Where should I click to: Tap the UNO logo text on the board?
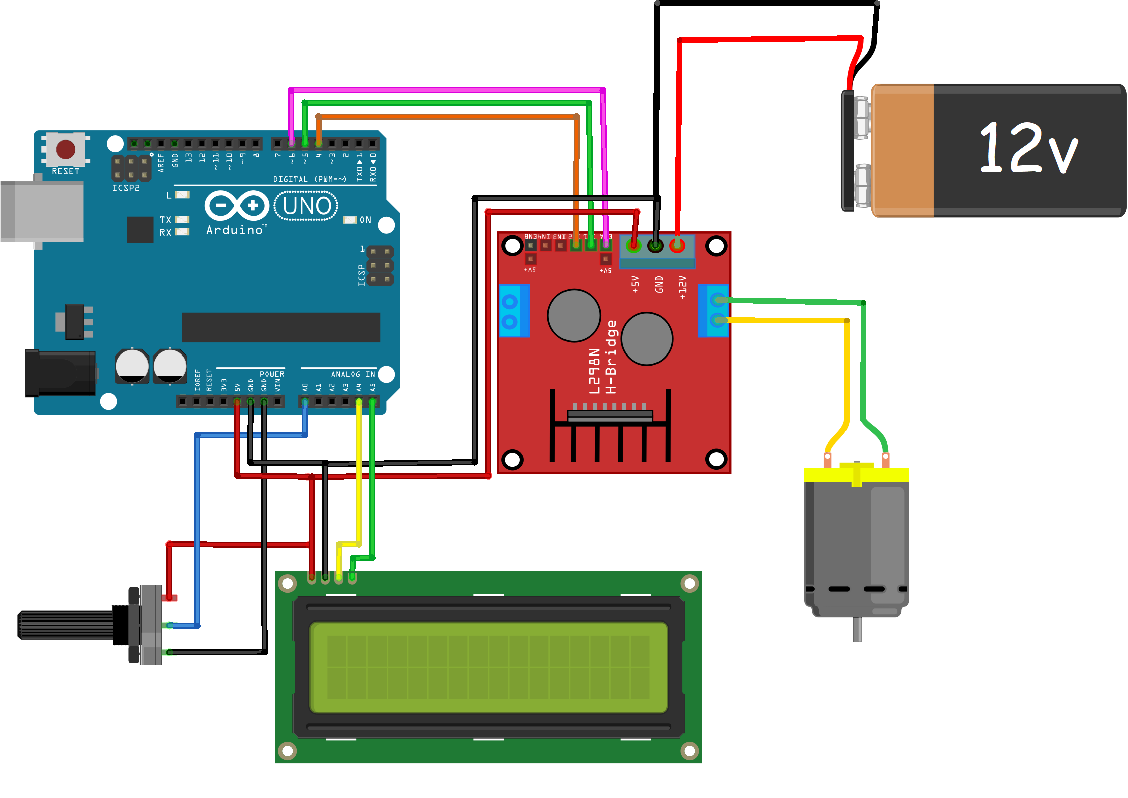click(307, 206)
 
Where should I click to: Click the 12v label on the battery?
click(1027, 149)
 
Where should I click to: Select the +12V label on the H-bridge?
click(682, 287)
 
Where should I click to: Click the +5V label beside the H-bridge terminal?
click(635, 284)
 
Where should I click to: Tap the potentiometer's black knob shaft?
click(65, 625)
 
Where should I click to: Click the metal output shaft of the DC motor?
click(857, 629)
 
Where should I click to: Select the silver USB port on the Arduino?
click(42, 212)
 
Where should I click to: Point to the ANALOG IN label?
click(353, 374)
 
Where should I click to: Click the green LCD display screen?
click(488, 667)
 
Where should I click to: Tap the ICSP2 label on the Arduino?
click(126, 188)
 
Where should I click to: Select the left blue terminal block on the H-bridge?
click(513, 311)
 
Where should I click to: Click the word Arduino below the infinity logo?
click(235, 230)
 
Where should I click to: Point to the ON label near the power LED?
click(365, 220)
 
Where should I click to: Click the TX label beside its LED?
click(165, 220)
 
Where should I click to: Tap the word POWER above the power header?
click(272, 374)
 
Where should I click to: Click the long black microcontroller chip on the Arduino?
click(280, 327)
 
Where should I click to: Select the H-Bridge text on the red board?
click(611, 357)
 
